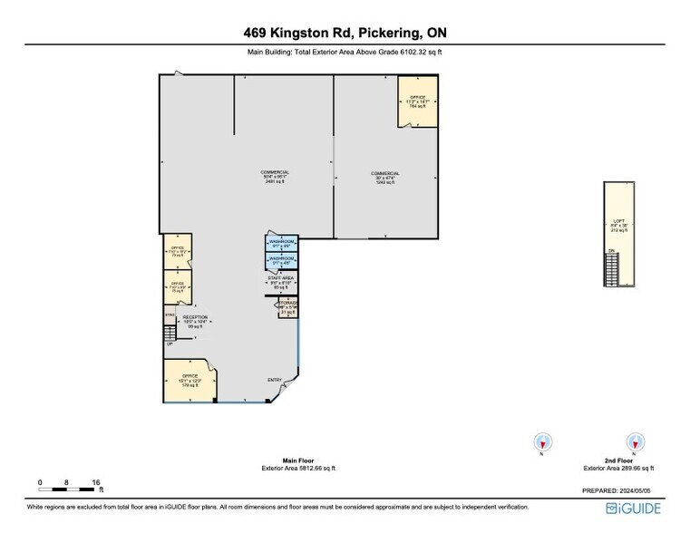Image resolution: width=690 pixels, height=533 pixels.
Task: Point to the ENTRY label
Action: [x=275, y=380]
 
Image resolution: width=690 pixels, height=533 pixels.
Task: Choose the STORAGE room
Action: [x=287, y=307]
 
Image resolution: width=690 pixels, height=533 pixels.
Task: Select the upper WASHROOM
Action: [x=281, y=244]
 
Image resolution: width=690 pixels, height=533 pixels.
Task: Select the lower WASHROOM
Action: [x=281, y=261]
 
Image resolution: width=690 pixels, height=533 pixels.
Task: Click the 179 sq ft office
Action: [x=190, y=380]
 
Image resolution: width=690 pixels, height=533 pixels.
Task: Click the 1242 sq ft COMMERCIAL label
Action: [x=385, y=177]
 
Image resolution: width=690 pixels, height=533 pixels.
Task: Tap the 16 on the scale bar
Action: [x=96, y=482]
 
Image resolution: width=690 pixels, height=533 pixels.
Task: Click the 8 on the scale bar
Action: [x=67, y=482]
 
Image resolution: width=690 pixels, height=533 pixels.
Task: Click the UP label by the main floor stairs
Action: [x=169, y=344]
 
